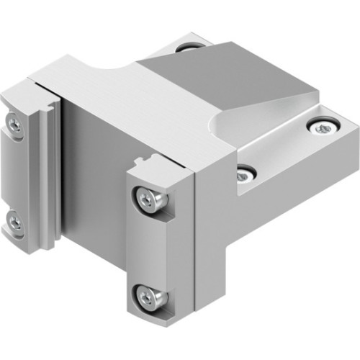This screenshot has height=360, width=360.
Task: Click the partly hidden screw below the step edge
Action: click(x=246, y=174)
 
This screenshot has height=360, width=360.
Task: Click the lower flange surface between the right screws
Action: click(x=281, y=151)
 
